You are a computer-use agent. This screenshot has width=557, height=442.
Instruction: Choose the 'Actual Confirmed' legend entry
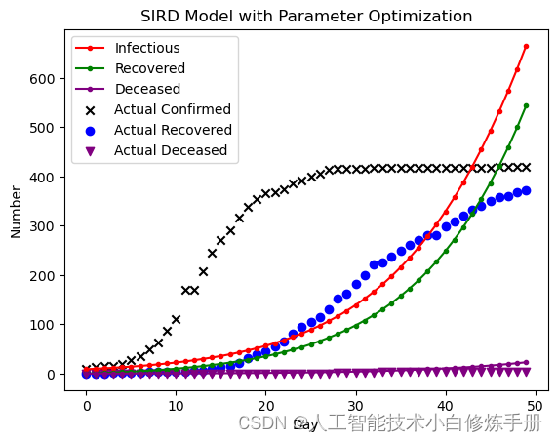tap(172, 109)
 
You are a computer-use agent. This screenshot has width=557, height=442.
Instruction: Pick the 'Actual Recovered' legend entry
tap(173, 130)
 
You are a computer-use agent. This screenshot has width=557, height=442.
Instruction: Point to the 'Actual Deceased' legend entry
tap(170, 150)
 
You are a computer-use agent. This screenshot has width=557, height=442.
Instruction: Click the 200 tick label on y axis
tap(44, 275)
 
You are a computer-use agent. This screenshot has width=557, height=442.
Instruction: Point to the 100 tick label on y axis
tap(44, 325)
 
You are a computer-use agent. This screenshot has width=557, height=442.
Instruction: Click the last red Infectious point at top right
tap(526, 46)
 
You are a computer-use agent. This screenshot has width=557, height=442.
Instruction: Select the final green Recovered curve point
tap(526, 105)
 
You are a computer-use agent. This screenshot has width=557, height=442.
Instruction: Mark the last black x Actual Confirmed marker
tap(526, 167)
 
